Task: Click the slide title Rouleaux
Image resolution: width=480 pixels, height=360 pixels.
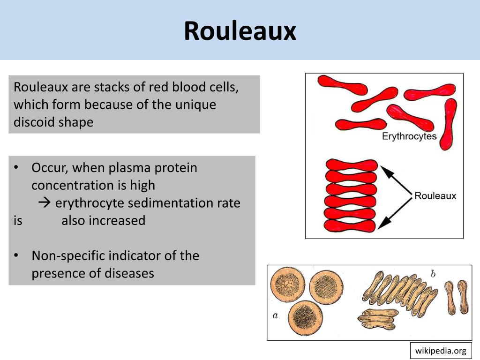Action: click(240, 31)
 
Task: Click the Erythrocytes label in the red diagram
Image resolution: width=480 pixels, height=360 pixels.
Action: click(409, 136)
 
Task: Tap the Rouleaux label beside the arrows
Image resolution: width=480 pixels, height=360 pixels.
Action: click(435, 195)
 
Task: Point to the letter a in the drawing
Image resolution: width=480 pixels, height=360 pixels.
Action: click(276, 315)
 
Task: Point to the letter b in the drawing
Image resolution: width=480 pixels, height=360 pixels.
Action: click(433, 274)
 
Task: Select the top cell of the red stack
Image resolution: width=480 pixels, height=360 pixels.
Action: click(350, 165)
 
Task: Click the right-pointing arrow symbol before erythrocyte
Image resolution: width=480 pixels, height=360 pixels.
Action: click(44, 203)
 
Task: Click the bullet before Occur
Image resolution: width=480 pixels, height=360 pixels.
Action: click(16, 167)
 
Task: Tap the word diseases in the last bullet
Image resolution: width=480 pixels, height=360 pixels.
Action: click(128, 273)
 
